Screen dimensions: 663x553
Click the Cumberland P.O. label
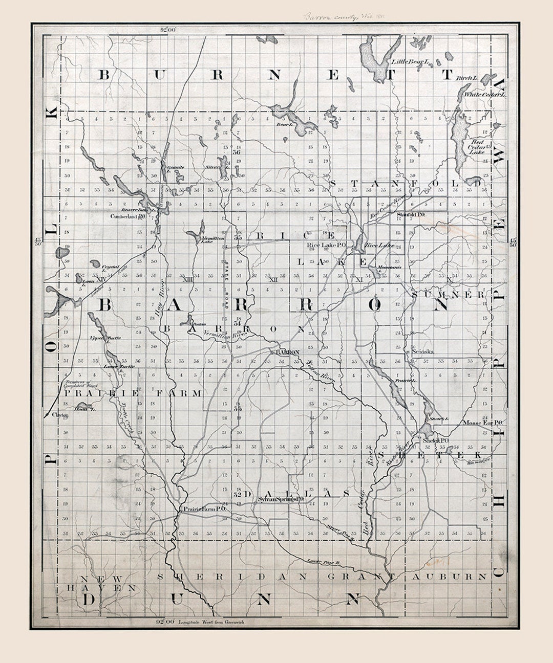[x=129, y=216]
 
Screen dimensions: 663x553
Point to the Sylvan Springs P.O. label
[x=281, y=498]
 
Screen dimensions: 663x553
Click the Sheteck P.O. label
[x=436, y=440]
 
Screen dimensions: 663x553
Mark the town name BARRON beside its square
[x=286, y=353]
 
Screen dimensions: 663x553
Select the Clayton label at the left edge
[x=60, y=415]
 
